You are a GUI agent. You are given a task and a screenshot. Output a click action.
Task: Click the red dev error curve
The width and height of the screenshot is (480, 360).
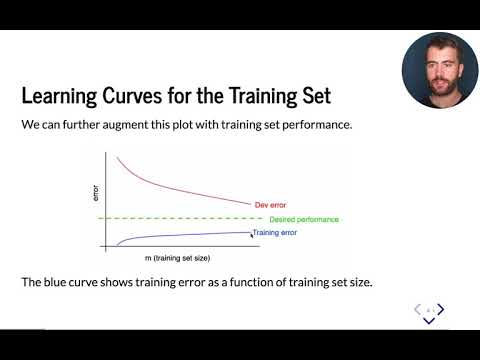180,185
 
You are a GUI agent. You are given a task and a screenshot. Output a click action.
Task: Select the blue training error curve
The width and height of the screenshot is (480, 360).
180,236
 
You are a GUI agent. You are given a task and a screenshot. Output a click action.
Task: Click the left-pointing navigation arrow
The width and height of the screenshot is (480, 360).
419,311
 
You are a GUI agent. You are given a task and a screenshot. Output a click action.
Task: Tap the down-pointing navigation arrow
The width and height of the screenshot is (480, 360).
429,321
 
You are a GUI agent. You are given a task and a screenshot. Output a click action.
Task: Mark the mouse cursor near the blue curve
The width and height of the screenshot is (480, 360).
250,231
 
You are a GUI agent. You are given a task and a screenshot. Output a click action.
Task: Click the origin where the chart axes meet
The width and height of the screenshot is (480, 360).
105,245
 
